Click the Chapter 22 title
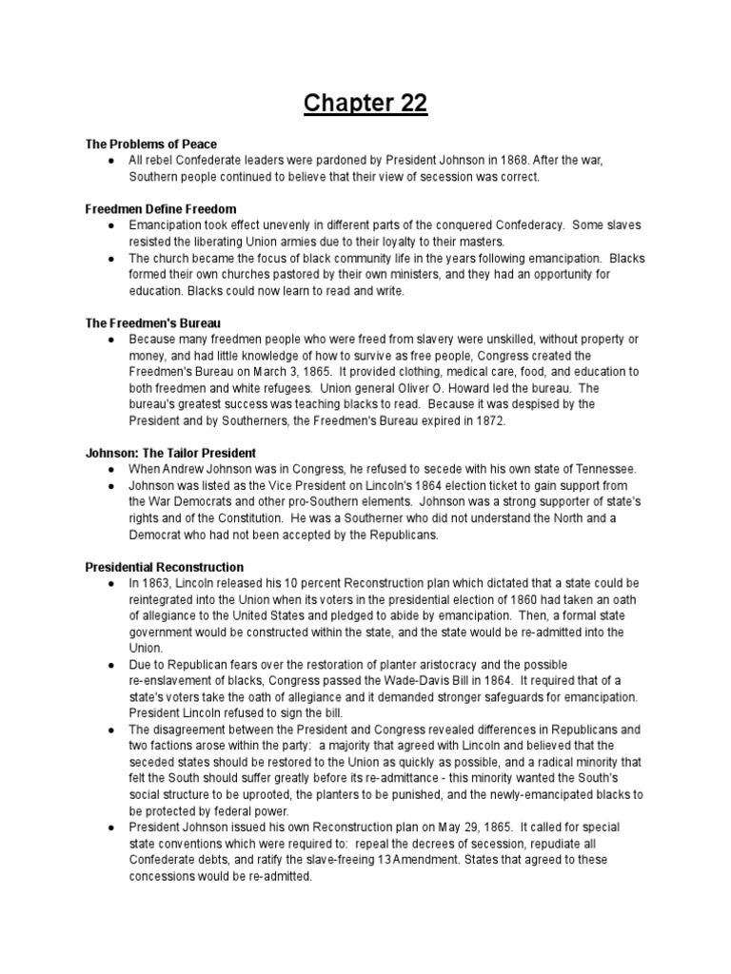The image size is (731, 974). tap(365, 102)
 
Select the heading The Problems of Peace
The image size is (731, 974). tap(147, 144)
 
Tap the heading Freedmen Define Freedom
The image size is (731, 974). tap(161, 208)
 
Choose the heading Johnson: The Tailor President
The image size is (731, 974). tap(171, 453)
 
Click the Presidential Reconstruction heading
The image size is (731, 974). tap(165, 567)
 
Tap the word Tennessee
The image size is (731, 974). tap(604, 469)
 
